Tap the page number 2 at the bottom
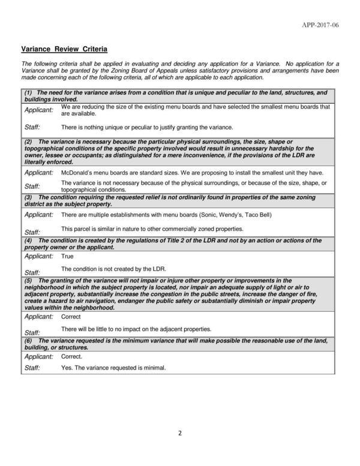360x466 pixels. click(x=179, y=434)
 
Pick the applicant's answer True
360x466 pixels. click(x=67, y=256)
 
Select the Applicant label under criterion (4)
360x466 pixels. click(x=38, y=256)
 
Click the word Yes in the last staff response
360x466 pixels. click(x=67, y=368)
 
